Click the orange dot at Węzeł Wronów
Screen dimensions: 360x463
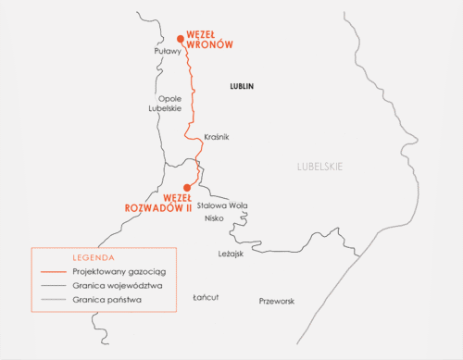coord(181,38)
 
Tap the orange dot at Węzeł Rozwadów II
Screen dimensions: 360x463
coord(187,187)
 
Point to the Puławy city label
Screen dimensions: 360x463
coord(167,52)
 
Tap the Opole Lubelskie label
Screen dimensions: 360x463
coord(165,104)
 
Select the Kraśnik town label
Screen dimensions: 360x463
coord(215,137)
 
